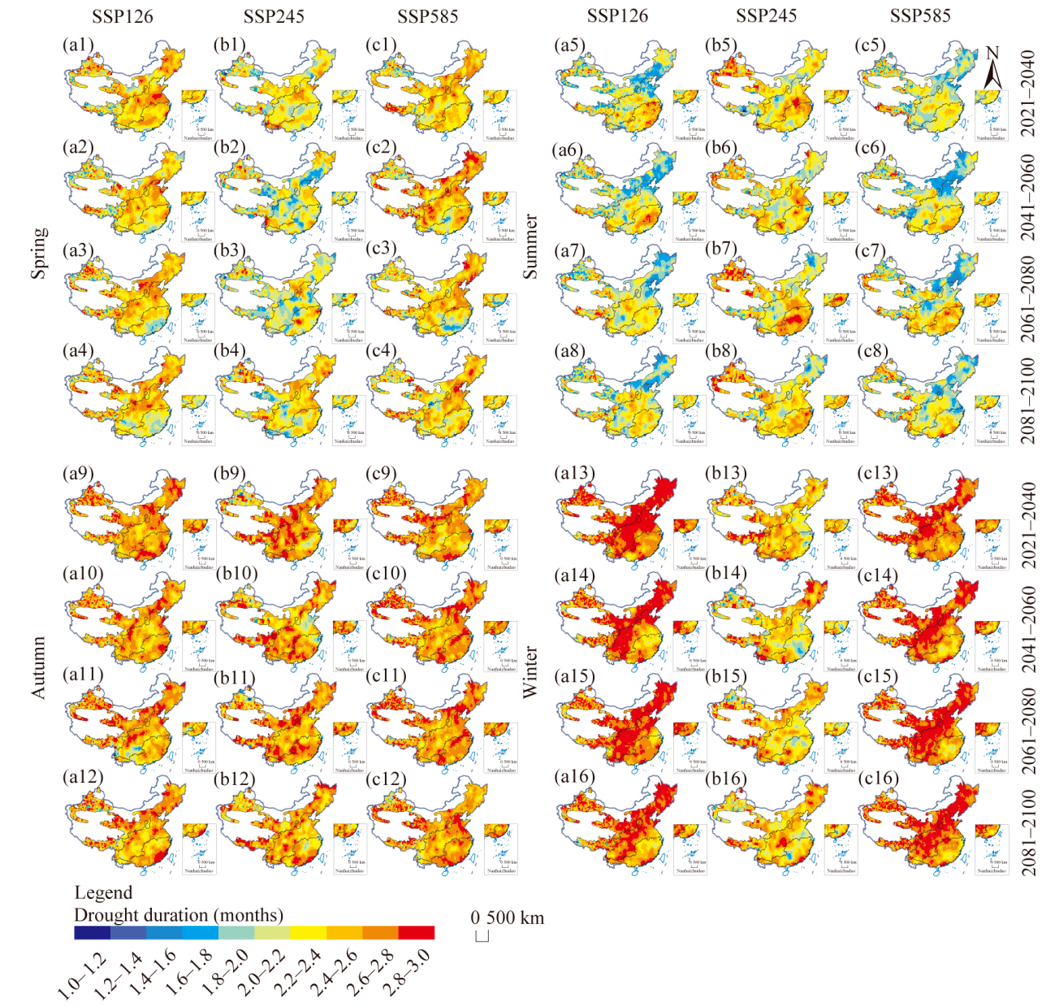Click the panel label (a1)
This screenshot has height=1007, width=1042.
coord(78,45)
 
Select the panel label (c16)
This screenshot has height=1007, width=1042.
coord(878,779)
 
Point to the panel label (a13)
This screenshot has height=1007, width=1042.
coord(574,473)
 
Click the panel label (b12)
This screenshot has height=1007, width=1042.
coord(236,779)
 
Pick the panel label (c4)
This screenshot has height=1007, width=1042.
coord(381,351)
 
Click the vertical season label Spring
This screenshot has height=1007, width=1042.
coord(38,253)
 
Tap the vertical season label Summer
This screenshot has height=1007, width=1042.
coord(530,247)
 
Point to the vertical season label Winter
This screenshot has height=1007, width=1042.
coord(530,672)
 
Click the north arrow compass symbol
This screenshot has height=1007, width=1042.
coord(992,68)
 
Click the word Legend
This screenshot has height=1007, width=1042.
coord(103,893)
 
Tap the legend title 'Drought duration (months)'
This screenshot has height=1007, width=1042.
coord(179,915)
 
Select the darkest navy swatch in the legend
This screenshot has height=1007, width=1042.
coord(92,933)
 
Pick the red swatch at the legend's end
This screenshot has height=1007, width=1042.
coord(416,933)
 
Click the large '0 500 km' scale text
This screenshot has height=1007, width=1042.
coord(508,918)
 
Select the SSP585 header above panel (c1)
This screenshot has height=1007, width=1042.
coord(427,17)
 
